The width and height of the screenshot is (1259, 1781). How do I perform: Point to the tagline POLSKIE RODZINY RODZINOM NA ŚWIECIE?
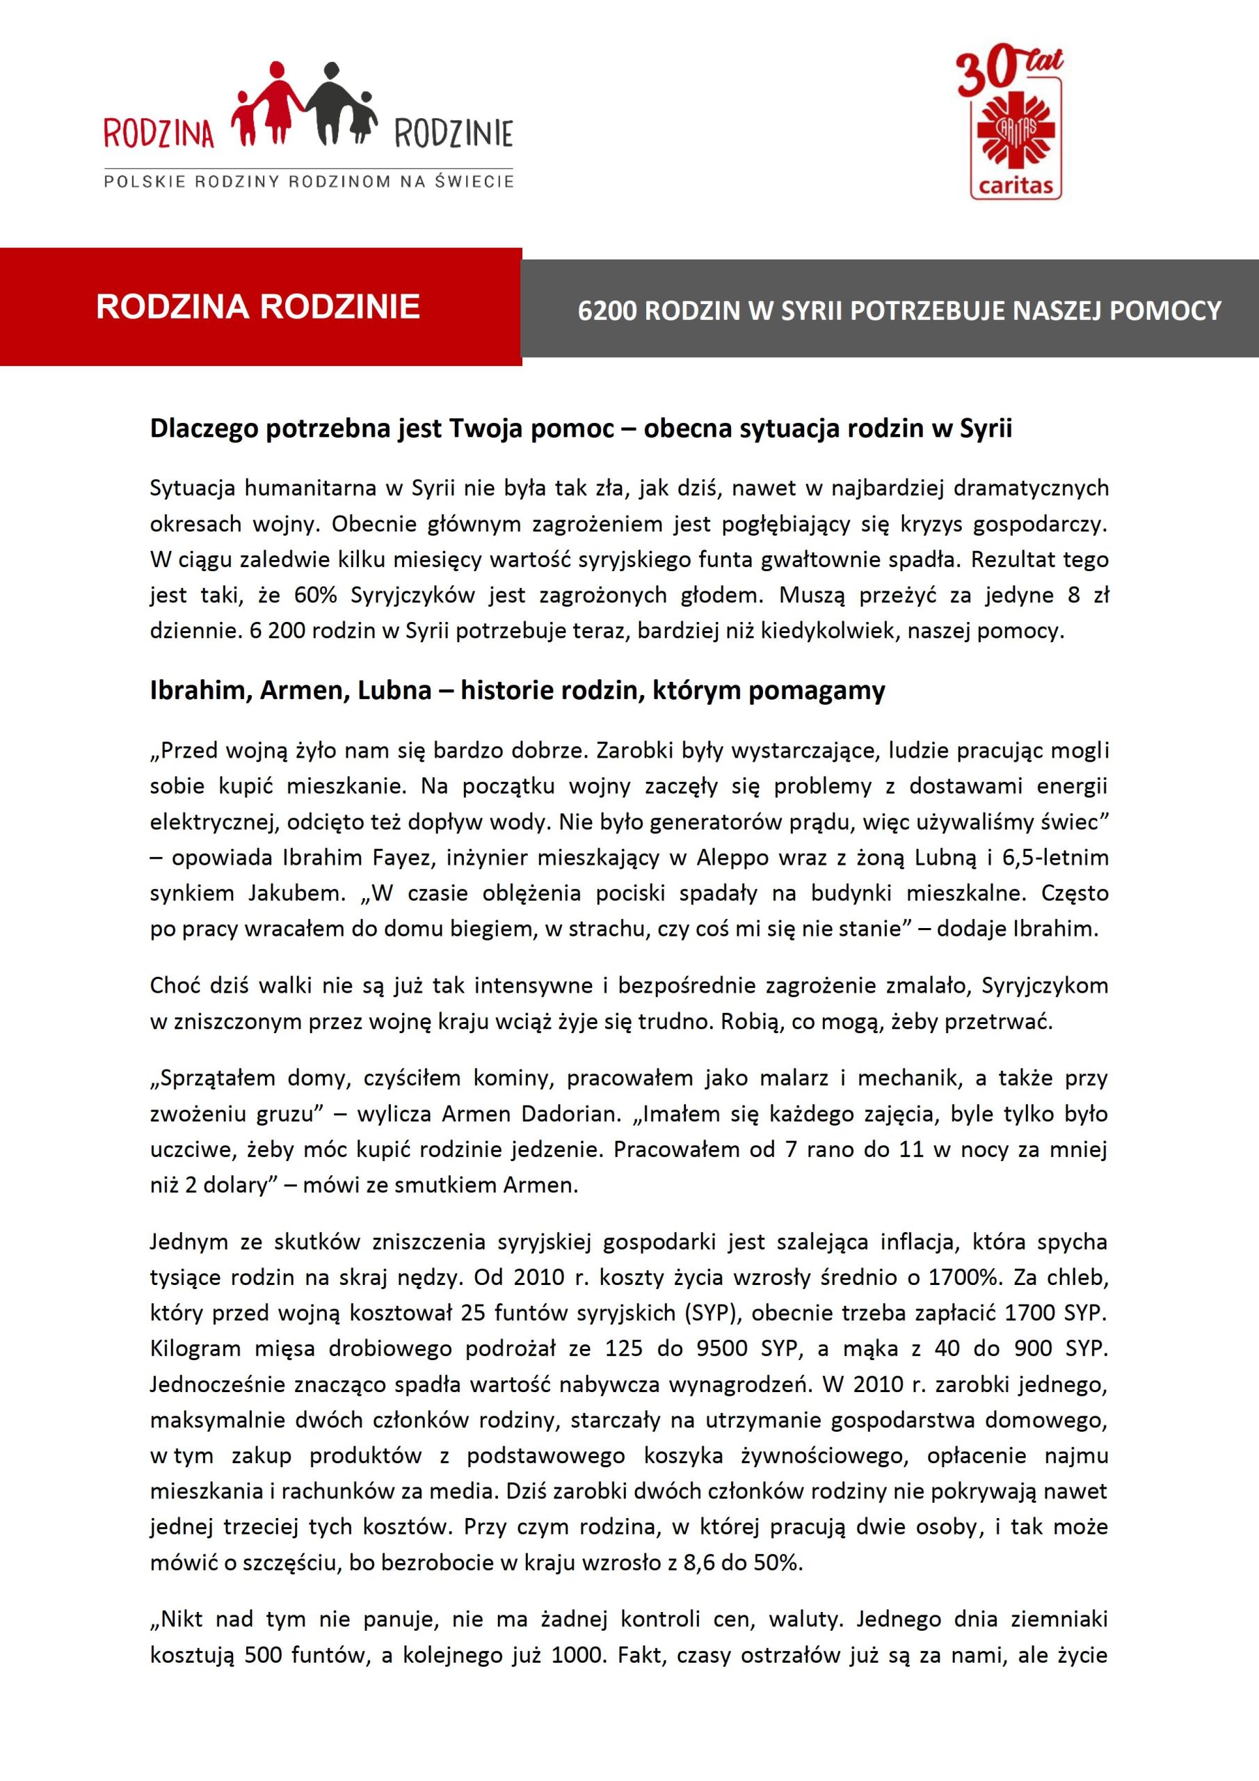pyautogui.click(x=309, y=182)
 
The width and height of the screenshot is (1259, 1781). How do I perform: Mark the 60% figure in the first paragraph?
pyautogui.click(x=315, y=595)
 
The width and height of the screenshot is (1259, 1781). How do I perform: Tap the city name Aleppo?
pyautogui.click(x=732, y=857)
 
